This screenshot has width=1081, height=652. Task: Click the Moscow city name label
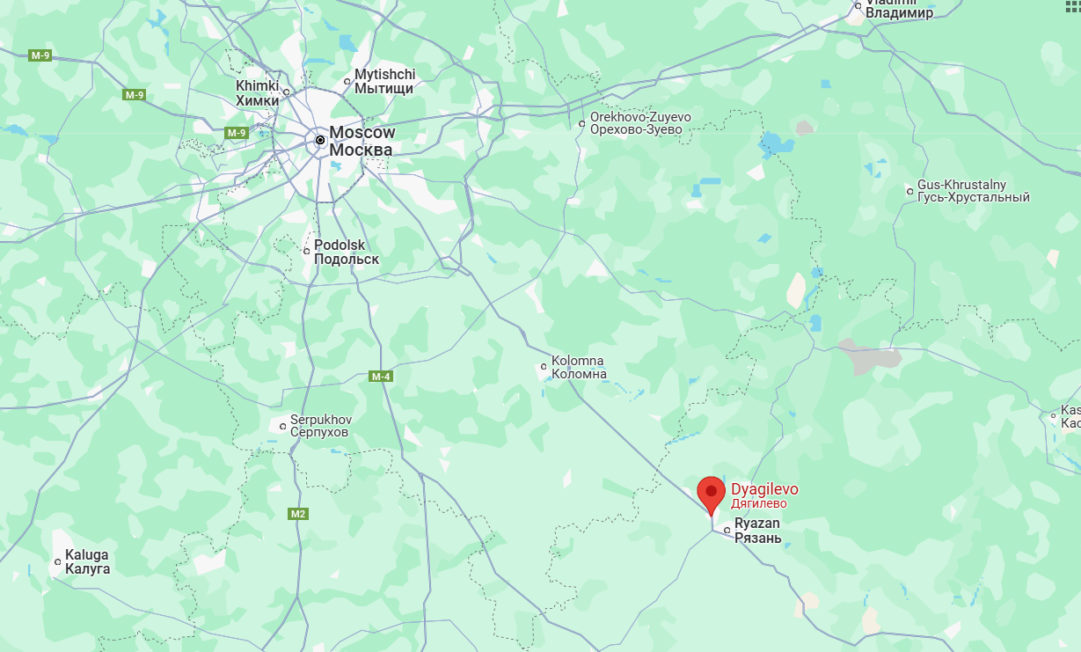[362, 141]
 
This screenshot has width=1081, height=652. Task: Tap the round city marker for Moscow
[320, 140]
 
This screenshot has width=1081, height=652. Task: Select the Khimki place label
[257, 93]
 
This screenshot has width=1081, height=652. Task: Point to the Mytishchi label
[384, 81]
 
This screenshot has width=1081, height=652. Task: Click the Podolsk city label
[347, 252]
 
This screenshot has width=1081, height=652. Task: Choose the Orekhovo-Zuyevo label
[640, 123]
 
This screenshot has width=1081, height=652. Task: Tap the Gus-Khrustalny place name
[973, 191]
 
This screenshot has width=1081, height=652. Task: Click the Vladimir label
[899, 11]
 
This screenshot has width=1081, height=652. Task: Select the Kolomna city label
[579, 367]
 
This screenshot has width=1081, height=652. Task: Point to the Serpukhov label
[320, 426]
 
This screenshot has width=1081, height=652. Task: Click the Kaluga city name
[87, 561]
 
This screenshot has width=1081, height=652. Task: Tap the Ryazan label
[757, 531]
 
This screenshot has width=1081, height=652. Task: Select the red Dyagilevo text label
[765, 495]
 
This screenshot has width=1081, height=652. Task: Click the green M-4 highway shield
[380, 377]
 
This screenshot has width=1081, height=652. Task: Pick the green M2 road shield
[298, 513]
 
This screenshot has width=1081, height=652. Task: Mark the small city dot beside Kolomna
[544, 367]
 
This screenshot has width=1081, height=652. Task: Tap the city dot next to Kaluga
[58, 561]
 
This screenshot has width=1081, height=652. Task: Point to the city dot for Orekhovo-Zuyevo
[581, 123]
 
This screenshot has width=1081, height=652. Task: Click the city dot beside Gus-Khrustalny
[909, 191]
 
